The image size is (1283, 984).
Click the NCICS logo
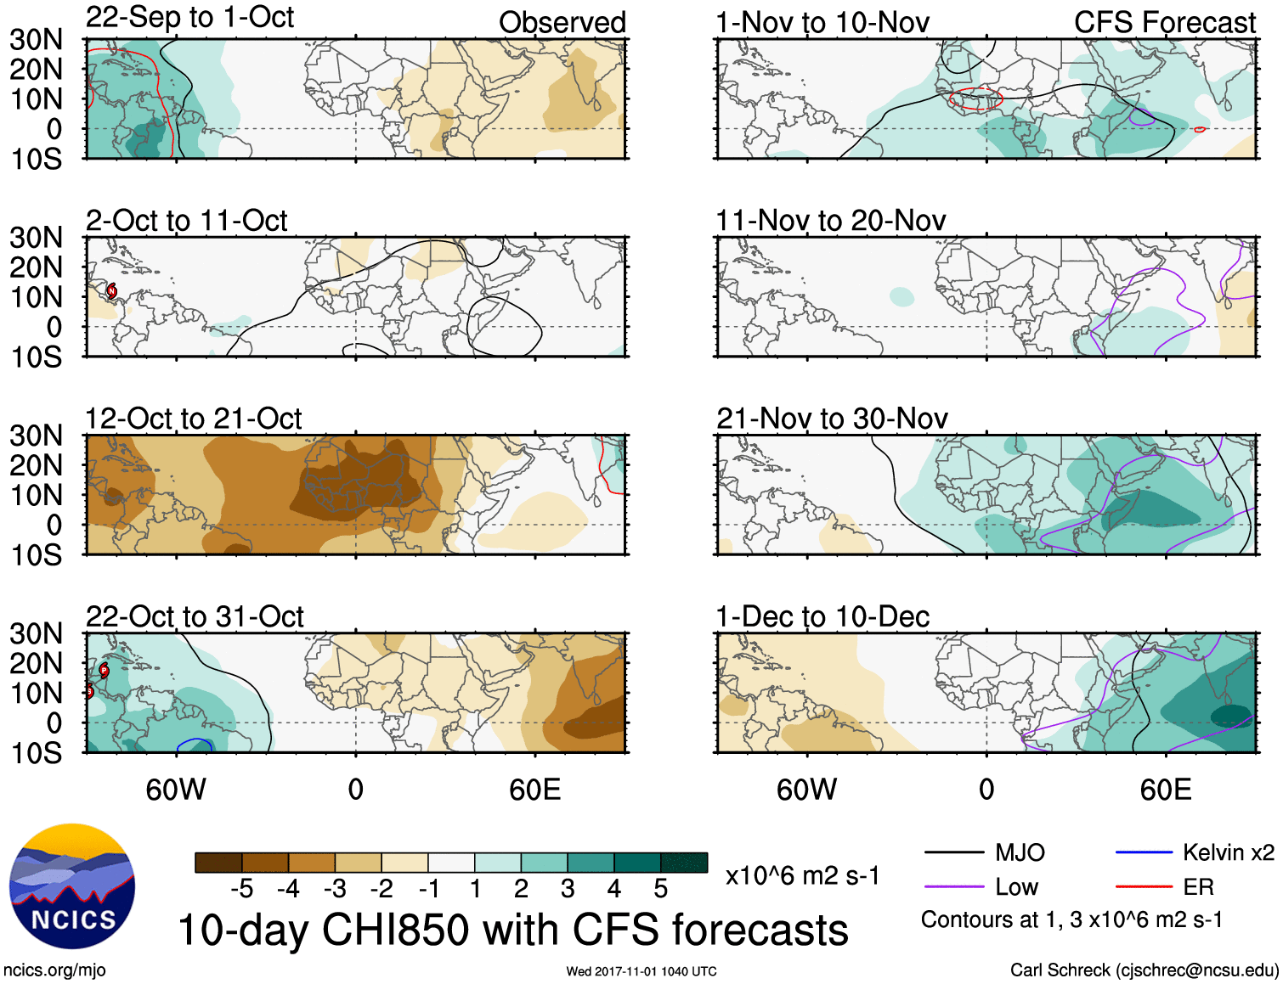[x=72, y=887]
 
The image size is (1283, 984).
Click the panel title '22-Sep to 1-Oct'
[x=189, y=18]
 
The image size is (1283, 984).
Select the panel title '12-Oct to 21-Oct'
[x=194, y=419]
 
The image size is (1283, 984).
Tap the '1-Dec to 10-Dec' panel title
[x=822, y=616]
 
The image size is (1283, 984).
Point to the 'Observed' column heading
[x=562, y=23]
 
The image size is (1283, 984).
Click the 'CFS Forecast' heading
[x=1164, y=23]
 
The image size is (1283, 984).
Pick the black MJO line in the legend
[x=953, y=852]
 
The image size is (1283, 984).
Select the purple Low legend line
[x=953, y=887]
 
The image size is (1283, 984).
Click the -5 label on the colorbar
[x=242, y=889]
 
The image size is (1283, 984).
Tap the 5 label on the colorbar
[x=660, y=889]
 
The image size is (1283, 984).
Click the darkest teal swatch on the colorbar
[x=684, y=863]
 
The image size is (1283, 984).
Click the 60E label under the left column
[x=534, y=790]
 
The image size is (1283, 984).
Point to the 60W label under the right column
[x=806, y=790]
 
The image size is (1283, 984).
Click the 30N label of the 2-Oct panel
[x=36, y=238]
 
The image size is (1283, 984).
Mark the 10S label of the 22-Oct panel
[x=36, y=753]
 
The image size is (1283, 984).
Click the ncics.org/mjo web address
[x=54, y=970]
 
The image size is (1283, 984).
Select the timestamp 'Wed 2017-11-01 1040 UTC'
[x=641, y=971]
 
